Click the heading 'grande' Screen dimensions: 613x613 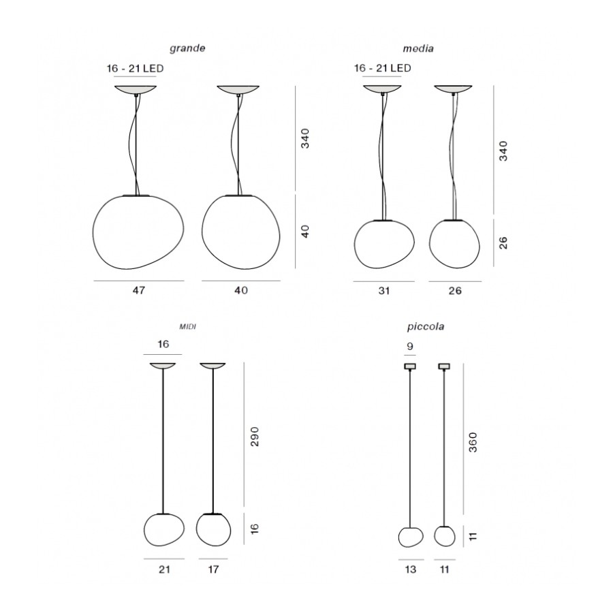coord(187,48)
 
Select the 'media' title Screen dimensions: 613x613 coord(418,48)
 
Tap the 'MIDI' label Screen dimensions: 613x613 coord(187,327)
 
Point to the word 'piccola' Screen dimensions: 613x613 coord(425,326)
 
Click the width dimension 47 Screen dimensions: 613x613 coord(139,290)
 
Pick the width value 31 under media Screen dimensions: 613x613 coord(384,290)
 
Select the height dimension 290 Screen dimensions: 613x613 coord(255,437)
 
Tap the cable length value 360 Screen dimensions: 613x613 coord(473,442)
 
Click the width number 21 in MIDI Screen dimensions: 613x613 coord(164,569)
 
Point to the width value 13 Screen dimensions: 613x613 coord(411,569)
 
